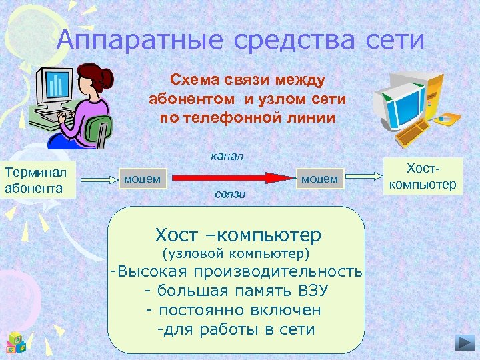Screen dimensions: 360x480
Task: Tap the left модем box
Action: point(142,178)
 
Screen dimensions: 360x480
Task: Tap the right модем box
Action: point(319,178)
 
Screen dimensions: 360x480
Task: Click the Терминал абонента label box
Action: point(39,179)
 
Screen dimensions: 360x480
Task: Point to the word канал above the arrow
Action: point(227,156)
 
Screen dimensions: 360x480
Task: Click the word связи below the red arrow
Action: point(231,195)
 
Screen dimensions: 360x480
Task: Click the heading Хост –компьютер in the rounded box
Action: point(238,235)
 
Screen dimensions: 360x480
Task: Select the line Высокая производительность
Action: point(237,272)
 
